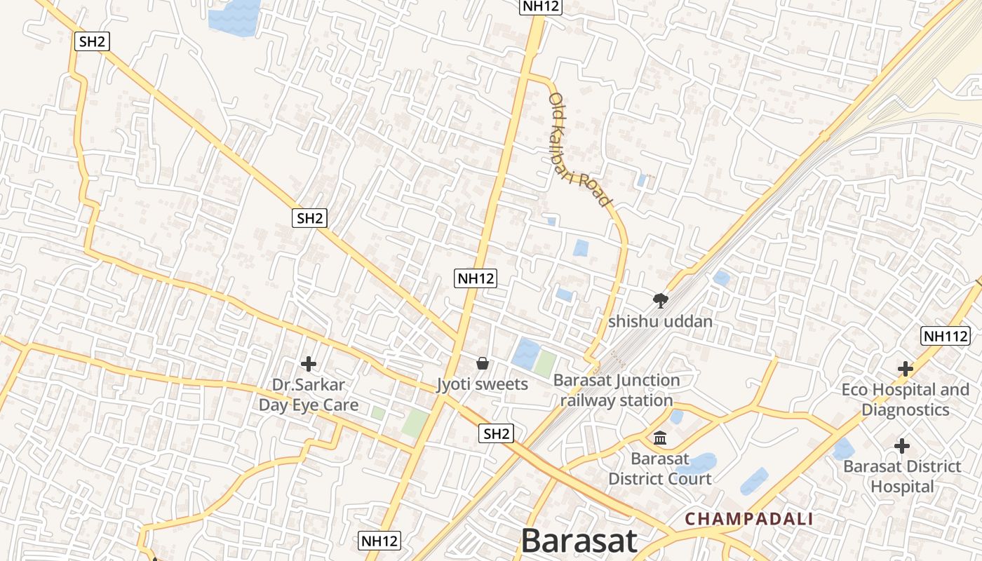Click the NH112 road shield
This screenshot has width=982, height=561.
(x=946, y=336)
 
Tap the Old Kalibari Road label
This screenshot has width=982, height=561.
(x=579, y=149)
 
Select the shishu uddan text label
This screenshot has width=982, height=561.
(x=660, y=322)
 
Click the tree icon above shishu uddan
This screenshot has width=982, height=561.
(x=660, y=301)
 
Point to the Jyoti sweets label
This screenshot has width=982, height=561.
(x=482, y=384)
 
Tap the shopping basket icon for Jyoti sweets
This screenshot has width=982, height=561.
(x=483, y=363)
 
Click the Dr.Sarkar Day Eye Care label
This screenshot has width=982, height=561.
(x=309, y=395)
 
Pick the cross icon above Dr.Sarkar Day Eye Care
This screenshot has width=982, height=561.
(x=309, y=364)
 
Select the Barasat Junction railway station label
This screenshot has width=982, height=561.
(x=617, y=391)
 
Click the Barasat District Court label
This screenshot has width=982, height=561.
(x=659, y=468)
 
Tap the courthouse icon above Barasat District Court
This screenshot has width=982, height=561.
(x=660, y=438)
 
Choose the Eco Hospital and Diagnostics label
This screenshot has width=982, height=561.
(x=905, y=400)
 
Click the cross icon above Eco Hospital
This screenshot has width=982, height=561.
(x=906, y=368)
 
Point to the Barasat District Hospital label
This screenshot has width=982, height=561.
(x=902, y=476)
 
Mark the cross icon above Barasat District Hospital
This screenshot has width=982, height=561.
(x=902, y=445)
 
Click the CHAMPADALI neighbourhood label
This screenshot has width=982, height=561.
(x=748, y=519)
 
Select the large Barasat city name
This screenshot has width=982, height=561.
(x=579, y=541)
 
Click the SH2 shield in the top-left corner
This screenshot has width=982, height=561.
(x=92, y=41)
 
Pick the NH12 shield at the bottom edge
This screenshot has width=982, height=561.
(x=379, y=541)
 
